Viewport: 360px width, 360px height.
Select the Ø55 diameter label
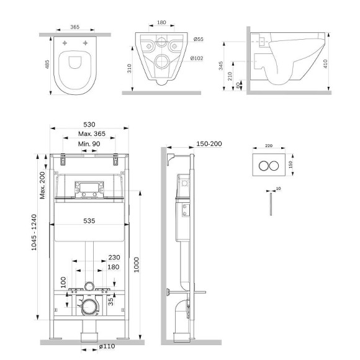coord(199,40)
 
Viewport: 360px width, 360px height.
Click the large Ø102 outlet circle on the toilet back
coord(164,61)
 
